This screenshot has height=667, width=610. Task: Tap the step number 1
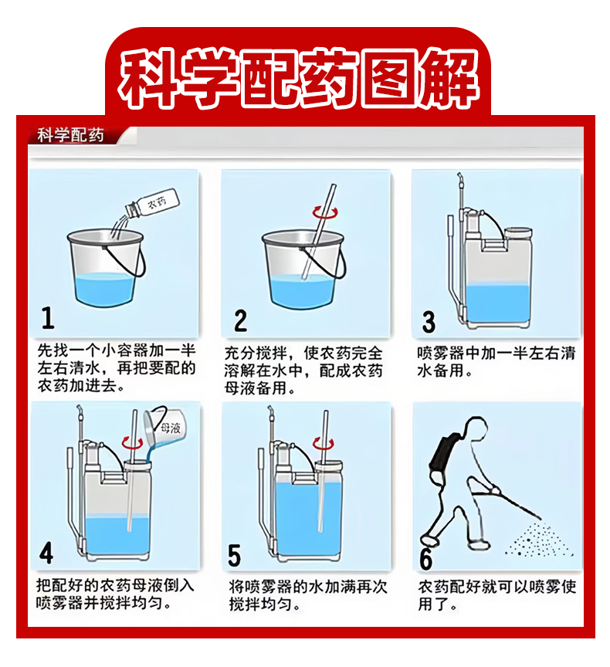[x=48, y=317]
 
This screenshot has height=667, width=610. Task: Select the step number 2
[x=240, y=320]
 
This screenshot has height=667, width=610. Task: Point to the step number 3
[x=429, y=322]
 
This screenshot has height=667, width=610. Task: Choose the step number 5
[x=235, y=555]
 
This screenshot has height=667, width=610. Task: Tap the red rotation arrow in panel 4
[x=132, y=442]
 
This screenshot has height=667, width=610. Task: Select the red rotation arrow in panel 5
[x=324, y=443]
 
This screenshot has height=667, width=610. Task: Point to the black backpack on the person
[x=444, y=452]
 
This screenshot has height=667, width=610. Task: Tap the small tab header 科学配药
[x=70, y=135]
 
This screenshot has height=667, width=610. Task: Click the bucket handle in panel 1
[x=127, y=259]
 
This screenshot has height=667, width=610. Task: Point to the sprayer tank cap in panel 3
[x=518, y=233]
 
